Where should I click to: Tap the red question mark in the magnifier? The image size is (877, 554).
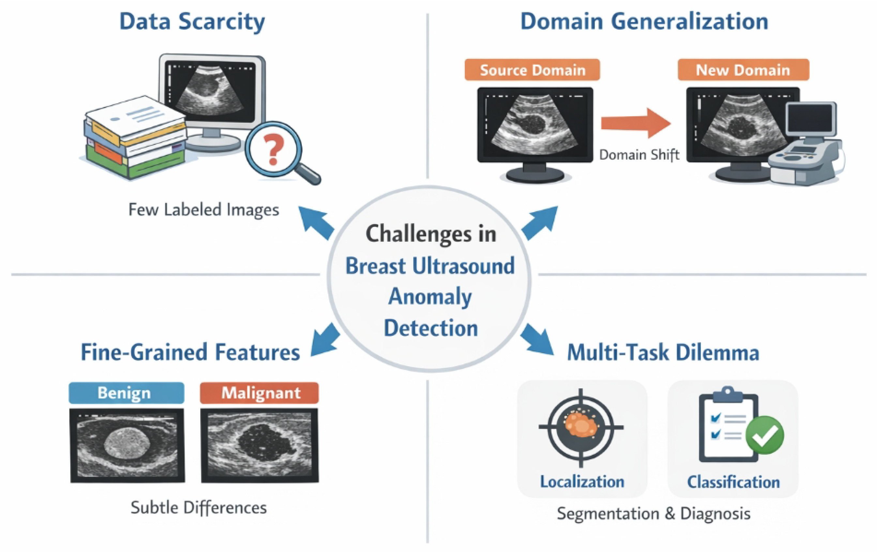click(274, 149)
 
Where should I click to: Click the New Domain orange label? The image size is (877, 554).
click(743, 70)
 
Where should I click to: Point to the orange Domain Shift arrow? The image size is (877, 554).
click(636, 123)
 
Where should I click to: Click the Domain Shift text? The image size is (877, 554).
click(639, 155)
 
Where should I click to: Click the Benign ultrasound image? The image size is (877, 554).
click(128, 445)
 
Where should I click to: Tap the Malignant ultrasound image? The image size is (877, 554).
click(260, 445)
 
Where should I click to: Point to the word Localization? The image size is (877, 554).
click(582, 482)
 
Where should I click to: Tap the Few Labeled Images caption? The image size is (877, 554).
click(204, 210)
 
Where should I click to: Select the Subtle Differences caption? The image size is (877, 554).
click(199, 508)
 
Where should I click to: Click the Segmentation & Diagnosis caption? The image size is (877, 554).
click(653, 514)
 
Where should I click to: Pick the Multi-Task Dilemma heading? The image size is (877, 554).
click(663, 353)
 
